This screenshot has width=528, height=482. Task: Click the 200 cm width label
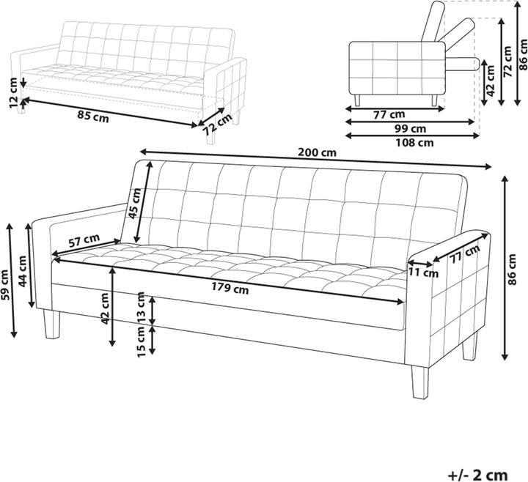(317, 152)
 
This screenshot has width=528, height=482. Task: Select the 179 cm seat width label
(230, 288)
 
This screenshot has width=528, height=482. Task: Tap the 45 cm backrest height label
(134, 203)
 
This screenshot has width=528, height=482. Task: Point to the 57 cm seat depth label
(84, 239)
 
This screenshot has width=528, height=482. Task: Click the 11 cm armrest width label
(424, 273)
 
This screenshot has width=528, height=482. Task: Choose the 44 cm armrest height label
(23, 272)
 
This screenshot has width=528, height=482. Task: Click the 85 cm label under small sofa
(91, 115)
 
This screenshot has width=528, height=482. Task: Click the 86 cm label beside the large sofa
(518, 268)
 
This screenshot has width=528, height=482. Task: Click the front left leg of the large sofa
(51, 325)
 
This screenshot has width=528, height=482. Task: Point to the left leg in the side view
(357, 100)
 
